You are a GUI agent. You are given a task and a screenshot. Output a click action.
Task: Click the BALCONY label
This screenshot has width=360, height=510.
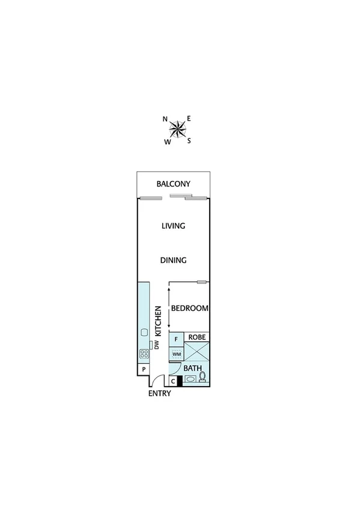coord(173,184)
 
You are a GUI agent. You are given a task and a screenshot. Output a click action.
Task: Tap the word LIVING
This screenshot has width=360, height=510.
coord(172,226)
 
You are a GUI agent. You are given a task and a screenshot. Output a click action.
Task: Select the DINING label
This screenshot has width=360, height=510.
coord(173,260)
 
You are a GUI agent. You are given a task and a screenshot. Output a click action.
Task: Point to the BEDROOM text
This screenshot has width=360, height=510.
coord(190,309)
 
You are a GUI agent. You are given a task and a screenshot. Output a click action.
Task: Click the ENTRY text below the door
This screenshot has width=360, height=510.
coord(160,393)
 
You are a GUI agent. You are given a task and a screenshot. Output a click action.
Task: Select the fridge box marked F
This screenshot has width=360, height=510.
coord(176,339)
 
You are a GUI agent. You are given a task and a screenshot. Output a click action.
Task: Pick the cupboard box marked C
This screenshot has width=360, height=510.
coord(173,380)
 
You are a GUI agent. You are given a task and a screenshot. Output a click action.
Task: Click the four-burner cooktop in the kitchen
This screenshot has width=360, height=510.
coord(144,354)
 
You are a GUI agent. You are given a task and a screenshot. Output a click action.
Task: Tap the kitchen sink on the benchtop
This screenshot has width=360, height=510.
coord(144,333)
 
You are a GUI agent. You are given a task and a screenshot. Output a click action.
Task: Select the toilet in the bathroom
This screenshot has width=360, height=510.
coord(203,378)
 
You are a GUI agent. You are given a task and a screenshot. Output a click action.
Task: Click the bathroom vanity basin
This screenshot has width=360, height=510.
coord(189,379)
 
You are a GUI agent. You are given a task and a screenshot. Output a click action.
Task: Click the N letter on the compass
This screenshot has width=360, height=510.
coord(165,119)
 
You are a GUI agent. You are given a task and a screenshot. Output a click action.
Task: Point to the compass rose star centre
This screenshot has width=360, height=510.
coord(177,128)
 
